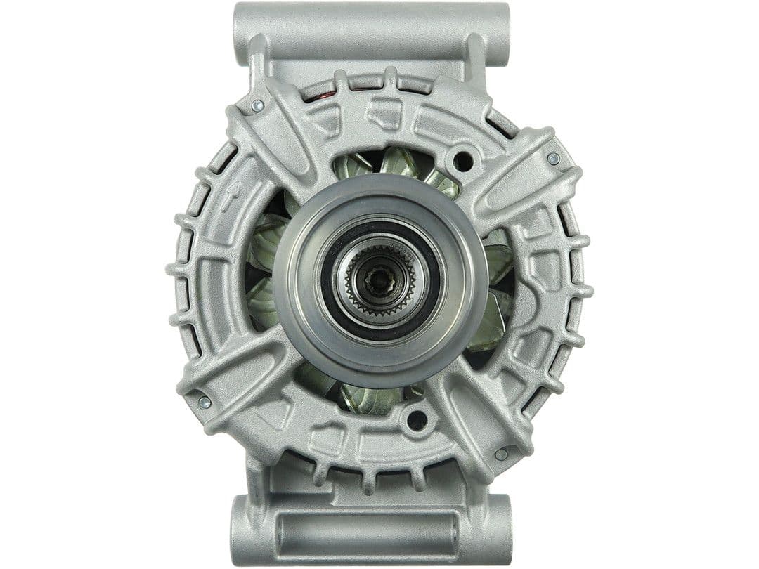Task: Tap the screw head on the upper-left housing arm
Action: (x=257, y=105)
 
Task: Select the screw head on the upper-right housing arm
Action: (x=553, y=158)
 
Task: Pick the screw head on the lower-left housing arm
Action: (x=204, y=402)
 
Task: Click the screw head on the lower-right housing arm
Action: (x=501, y=454)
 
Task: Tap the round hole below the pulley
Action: (x=417, y=420)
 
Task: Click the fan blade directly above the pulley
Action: (x=397, y=163)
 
